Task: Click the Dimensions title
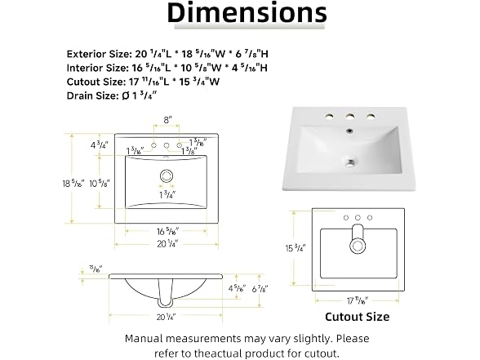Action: click(x=247, y=12)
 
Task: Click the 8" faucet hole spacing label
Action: click(x=167, y=120)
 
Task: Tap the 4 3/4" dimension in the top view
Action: click(x=100, y=145)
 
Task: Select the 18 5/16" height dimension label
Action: click(x=73, y=184)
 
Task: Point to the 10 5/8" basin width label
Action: click(x=100, y=184)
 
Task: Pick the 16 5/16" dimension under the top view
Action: click(x=168, y=232)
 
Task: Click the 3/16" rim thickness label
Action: click(x=96, y=269)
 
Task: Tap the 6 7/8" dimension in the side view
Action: click(x=260, y=289)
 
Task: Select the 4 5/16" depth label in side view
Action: click(x=237, y=288)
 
